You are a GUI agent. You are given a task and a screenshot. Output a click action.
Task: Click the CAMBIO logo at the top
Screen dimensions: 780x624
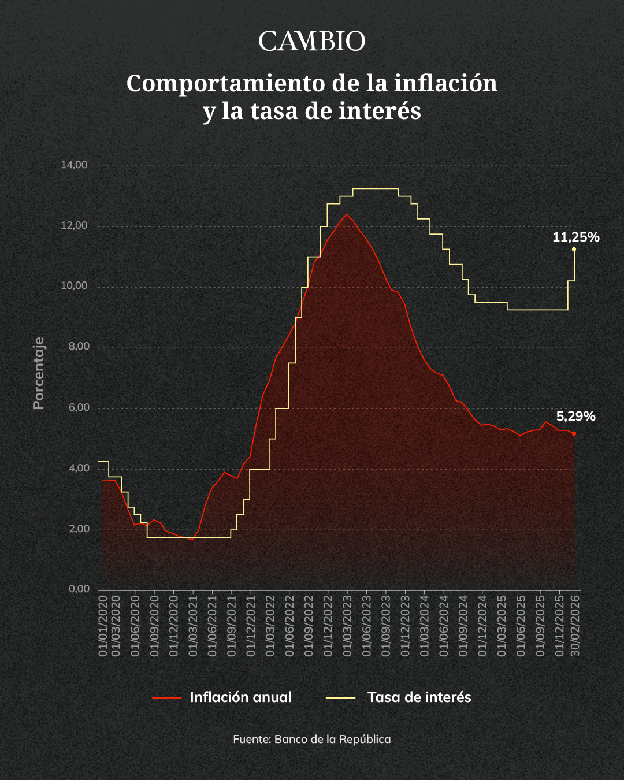click(x=312, y=42)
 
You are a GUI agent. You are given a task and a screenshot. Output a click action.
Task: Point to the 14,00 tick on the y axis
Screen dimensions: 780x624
click(x=74, y=165)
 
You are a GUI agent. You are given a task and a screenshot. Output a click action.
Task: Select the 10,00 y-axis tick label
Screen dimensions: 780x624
click(x=74, y=286)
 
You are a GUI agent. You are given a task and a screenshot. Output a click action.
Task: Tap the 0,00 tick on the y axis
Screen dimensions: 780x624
click(x=79, y=589)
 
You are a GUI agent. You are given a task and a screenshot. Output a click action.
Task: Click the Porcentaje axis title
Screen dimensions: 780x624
click(x=39, y=373)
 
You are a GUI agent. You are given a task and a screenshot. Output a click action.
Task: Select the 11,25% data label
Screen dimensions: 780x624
click(x=575, y=237)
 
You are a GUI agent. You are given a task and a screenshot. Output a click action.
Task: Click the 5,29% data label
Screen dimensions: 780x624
click(x=575, y=417)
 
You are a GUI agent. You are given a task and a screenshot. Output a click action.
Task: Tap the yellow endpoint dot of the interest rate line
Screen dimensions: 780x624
click(x=574, y=250)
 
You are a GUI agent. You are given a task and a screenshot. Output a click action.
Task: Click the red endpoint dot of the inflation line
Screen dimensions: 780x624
click(x=574, y=433)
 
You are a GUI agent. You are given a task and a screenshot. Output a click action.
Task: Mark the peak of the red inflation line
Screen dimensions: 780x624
click(x=347, y=214)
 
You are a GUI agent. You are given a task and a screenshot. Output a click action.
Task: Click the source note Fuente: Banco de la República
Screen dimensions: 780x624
click(x=312, y=739)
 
